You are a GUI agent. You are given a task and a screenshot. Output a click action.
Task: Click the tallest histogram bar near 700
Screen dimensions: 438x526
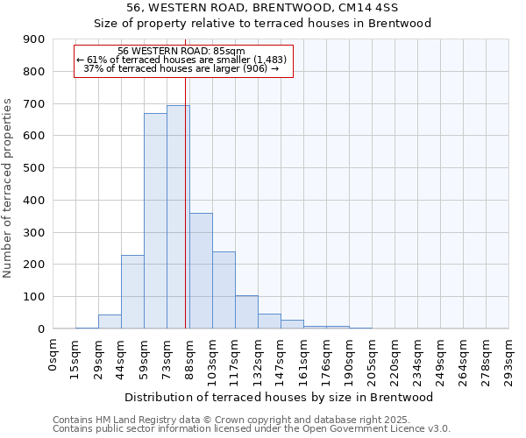[178, 217]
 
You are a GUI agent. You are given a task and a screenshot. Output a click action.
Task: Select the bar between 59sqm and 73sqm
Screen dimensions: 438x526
[155, 221]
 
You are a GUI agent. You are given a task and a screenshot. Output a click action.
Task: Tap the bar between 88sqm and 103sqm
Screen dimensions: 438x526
[201, 271]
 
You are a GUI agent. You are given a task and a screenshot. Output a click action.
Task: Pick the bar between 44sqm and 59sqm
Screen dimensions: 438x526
[132, 292]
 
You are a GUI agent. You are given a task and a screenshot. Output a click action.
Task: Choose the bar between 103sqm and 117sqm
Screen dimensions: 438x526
[224, 290]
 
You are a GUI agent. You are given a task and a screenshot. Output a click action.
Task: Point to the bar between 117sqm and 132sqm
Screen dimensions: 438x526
[246, 312]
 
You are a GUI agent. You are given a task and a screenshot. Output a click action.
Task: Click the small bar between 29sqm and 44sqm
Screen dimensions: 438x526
[110, 321]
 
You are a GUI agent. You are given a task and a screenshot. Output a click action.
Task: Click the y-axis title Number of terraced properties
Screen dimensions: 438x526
[8, 188]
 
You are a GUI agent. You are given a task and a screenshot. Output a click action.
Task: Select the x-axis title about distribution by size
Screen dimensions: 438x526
[281, 397]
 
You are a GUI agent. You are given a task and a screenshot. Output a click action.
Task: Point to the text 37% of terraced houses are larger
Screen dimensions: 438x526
[181, 68]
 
